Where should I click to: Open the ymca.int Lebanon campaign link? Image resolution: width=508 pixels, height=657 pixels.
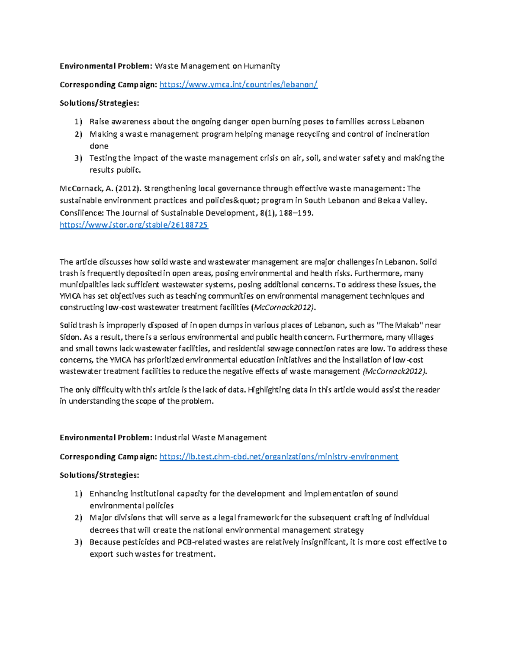238,85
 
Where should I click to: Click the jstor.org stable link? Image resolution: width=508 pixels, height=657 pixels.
134,225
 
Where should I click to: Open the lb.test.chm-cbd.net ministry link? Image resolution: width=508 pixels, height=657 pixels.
279,456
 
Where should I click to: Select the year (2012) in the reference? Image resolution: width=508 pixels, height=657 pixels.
126,189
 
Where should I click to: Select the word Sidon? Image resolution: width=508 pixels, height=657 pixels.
70,337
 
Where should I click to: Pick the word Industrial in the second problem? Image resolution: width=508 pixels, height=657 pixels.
172,437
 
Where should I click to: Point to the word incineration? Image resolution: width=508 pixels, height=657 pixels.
406,134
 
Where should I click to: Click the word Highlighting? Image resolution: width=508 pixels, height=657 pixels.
269,390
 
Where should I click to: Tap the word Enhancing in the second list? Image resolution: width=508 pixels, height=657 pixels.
108,494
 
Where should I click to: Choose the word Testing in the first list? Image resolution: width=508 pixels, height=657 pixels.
103,158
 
